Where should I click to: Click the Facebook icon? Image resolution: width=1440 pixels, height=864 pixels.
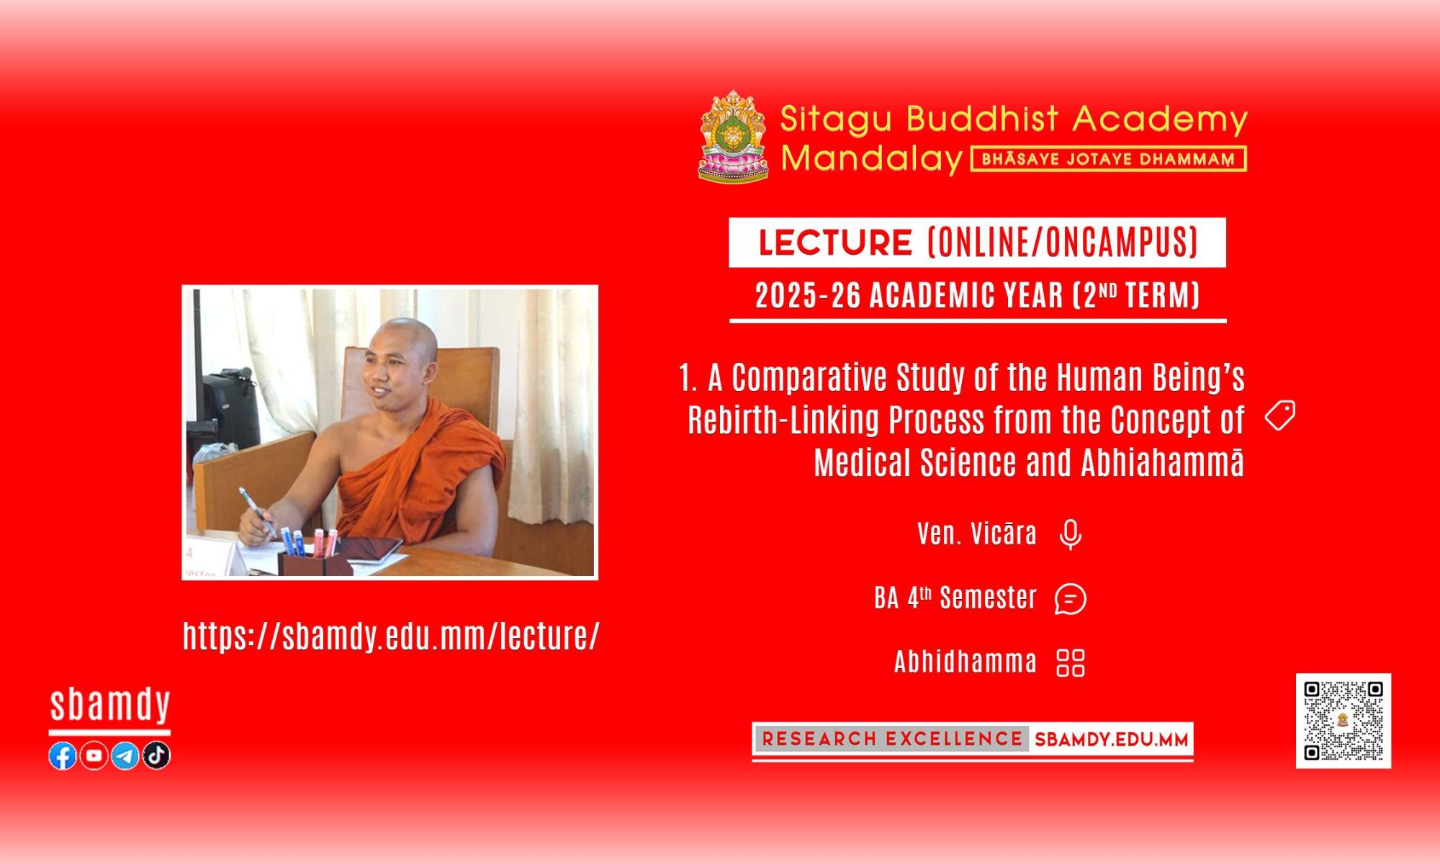click(63, 755)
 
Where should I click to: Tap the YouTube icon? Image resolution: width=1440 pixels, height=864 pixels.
click(94, 755)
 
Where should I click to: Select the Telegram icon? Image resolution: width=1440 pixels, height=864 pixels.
click(125, 755)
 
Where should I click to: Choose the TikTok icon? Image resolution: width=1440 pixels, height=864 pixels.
click(156, 755)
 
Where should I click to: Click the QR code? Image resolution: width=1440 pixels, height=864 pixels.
click(1344, 721)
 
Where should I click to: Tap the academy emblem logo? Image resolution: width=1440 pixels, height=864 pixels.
click(733, 136)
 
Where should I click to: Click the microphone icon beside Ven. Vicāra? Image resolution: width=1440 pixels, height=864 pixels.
click(1071, 534)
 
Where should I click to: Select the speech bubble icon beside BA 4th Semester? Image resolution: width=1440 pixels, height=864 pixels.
click(1071, 598)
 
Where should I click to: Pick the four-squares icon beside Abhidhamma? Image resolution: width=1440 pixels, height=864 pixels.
click(1071, 663)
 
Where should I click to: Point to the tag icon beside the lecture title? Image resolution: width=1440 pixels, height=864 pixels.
click(1280, 415)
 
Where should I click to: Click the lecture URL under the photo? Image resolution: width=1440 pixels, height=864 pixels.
click(391, 636)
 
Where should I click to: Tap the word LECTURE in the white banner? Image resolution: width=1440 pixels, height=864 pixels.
click(835, 243)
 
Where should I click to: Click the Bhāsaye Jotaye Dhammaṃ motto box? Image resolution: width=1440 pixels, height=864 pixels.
click(1109, 159)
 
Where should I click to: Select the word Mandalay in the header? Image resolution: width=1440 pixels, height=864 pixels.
click(872, 158)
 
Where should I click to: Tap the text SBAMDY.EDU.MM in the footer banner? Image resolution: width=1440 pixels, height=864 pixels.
click(1111, 739)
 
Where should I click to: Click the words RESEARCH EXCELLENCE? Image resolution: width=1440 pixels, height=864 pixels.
click(892, 739)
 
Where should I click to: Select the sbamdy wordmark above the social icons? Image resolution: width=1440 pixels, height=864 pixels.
click(110, 705)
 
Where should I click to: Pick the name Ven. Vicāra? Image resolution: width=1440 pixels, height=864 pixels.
click(977, 534)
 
